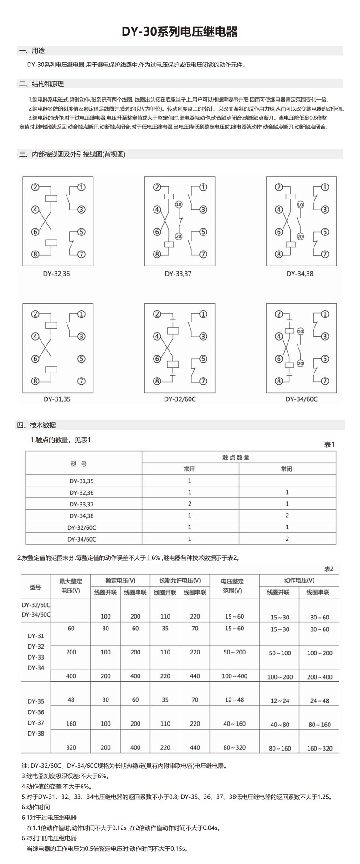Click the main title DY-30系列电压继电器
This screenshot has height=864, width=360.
[180, 32]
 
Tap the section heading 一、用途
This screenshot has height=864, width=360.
[32, 51]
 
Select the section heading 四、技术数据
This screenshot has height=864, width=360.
[36, 425]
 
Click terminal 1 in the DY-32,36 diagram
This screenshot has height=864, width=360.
[82, 187]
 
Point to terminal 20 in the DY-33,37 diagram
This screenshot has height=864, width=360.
[179, 236]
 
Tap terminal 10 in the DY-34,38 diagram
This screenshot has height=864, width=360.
[300, 204]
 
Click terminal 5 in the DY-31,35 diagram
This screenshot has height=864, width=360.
[82, 358]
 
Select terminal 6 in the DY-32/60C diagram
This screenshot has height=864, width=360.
[157, 358]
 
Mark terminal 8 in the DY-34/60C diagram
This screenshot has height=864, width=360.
[279, 381]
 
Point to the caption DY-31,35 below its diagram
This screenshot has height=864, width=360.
[57, 399]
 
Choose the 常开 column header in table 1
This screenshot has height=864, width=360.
[190, 469]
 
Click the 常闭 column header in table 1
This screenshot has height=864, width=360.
[287, 469]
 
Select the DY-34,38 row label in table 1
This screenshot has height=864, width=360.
[82, 516]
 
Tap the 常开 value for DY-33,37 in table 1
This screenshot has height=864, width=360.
[190, 504]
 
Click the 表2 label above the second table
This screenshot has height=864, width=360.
[329, 568]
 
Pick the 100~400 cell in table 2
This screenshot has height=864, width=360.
[234, 676]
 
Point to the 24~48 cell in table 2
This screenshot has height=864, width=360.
[319, 700]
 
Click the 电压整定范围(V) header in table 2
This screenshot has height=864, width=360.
[232, 586]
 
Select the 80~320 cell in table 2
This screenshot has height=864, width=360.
[234, 747]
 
